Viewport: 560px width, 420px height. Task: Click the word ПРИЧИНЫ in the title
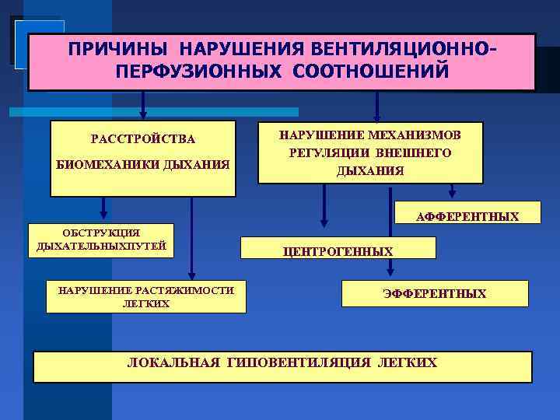tap(114, 49)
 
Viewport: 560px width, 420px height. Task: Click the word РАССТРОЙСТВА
tap(143, 139)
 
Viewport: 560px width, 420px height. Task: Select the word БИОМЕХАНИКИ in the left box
tap(103, 164)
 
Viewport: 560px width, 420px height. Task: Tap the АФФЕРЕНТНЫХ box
tap(467, 216)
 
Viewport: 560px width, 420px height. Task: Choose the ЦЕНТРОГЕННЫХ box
tap(338, 250)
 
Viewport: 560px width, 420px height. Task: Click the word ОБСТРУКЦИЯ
tap(101, 233)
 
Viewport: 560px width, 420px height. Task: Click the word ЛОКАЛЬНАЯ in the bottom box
tap(173, 362)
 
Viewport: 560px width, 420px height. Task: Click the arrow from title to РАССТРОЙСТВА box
tap(142, 104)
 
